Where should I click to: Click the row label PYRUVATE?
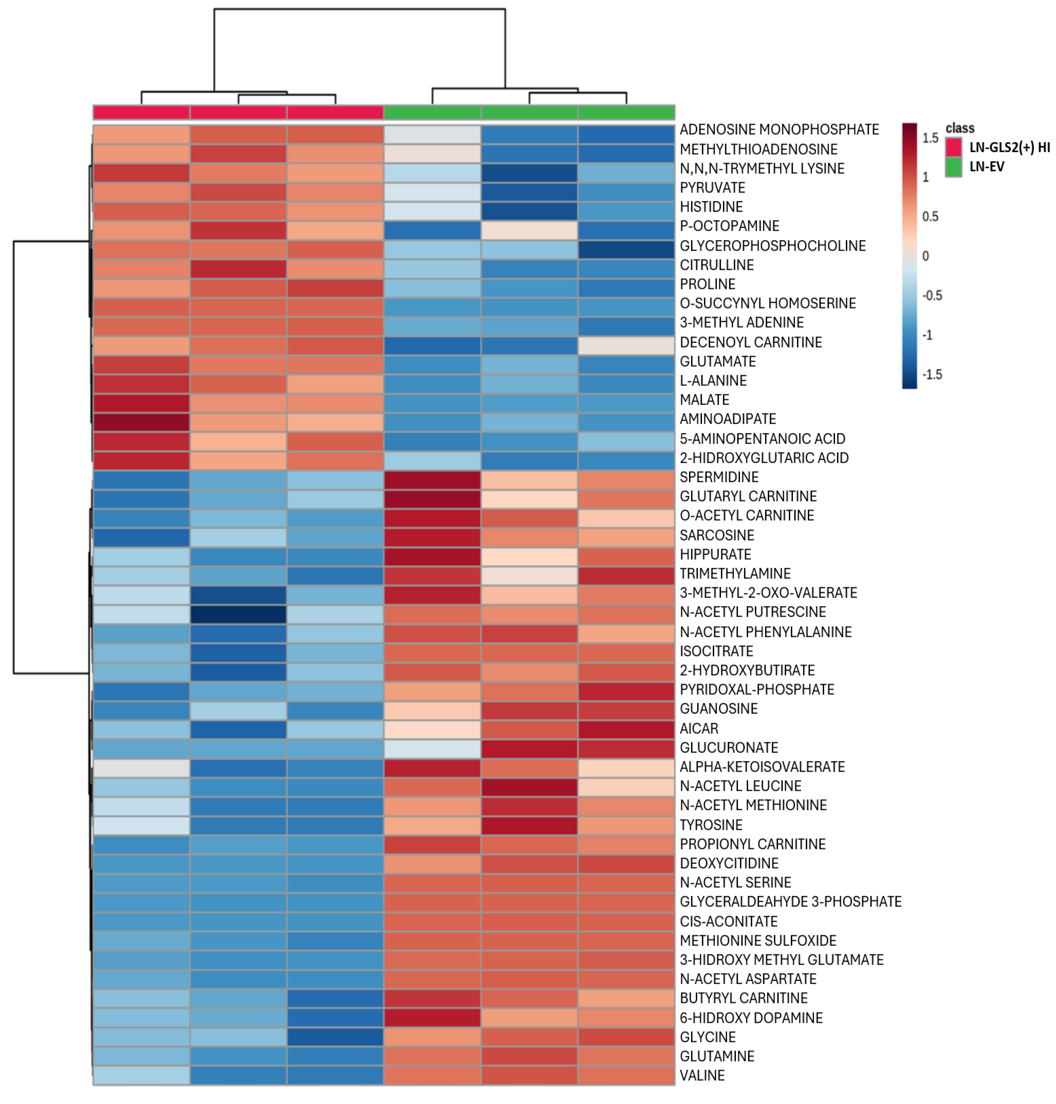712,188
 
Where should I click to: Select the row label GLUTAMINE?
716,1056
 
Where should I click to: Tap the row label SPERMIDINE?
719,477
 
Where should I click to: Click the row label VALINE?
702,1075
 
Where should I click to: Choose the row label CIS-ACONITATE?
728,921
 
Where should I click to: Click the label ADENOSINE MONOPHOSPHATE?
779,129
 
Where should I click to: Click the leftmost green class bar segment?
432,112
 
